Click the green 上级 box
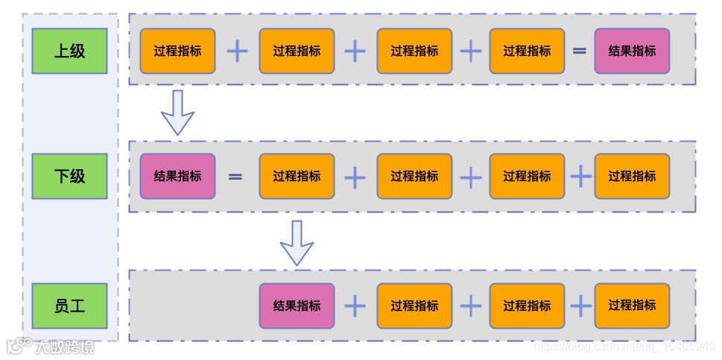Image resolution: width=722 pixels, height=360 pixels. [x=69, y=51]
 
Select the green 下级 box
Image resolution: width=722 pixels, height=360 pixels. [x=69, y=176]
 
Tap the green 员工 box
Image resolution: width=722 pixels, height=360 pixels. [x=69, y=306]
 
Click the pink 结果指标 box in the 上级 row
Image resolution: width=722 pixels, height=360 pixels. [x=632, y=51]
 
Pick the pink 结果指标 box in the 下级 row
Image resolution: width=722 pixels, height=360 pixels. [x=177, y=176]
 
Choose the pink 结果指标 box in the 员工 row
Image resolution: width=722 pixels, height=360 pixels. [x=297, y=306]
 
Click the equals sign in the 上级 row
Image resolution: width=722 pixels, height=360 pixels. [x=579, y=51]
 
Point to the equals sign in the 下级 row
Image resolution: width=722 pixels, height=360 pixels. [x=235, y=177]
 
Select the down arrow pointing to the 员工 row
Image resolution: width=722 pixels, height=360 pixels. [x=297, y=242]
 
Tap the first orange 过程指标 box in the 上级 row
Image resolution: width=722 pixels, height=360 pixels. [x=177, y=51]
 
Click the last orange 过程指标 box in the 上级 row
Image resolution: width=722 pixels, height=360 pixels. [x=527, y=51]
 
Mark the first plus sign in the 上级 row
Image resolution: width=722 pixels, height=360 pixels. [x=237, y=51]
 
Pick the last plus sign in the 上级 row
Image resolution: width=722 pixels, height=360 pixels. [x=471, y=51]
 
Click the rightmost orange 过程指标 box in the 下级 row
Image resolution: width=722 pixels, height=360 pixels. [x=632, y=176]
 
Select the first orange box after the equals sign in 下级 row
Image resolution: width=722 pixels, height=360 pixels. [x=297, y=176]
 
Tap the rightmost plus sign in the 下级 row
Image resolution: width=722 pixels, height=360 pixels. [x=580, y=177]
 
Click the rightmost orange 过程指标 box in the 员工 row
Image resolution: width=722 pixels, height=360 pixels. [x=632, y=306]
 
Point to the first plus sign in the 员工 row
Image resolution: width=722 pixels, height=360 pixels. [x=355, y=306]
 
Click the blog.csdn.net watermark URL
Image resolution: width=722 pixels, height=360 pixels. [x=625, y=347]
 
